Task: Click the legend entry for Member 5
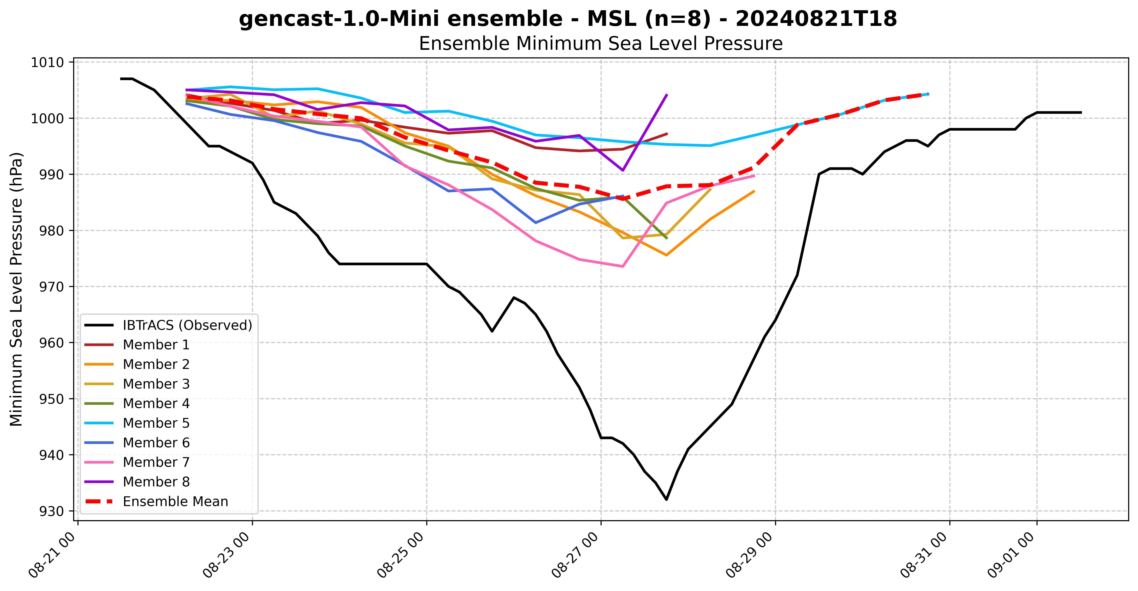pos(156,423)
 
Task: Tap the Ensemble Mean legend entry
pos(175,501)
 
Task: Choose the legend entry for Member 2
pos(156,364)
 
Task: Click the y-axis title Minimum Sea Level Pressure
pos(16,289)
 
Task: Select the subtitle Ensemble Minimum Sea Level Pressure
pos(600,44)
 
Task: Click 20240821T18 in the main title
pos(816,19)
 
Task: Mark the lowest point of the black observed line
pos(666,500)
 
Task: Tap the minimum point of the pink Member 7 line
pos(622,266)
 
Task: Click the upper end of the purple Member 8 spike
pos(667,95)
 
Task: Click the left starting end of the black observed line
pos(121,79)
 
